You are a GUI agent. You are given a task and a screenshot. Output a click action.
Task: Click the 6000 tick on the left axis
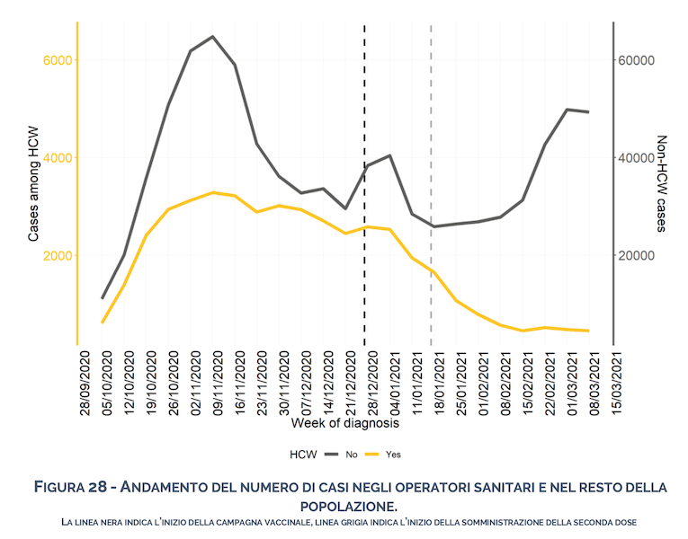tap(58, 60)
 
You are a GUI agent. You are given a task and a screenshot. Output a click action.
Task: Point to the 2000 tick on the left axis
tap(58, 255)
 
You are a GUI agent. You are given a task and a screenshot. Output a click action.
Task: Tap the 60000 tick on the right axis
tap(641, 60)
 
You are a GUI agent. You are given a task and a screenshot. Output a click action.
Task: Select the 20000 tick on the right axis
tap(641, 255)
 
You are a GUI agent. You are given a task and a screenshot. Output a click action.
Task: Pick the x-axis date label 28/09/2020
tap(85, 383)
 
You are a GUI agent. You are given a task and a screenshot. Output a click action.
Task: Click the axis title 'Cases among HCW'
tap(34, 182)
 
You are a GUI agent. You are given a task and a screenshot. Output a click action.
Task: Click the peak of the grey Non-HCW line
tap(212, 37)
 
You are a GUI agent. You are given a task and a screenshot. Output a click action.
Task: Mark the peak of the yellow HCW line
tap(212, 192)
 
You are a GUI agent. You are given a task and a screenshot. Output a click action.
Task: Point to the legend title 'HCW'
tap(304, 455)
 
